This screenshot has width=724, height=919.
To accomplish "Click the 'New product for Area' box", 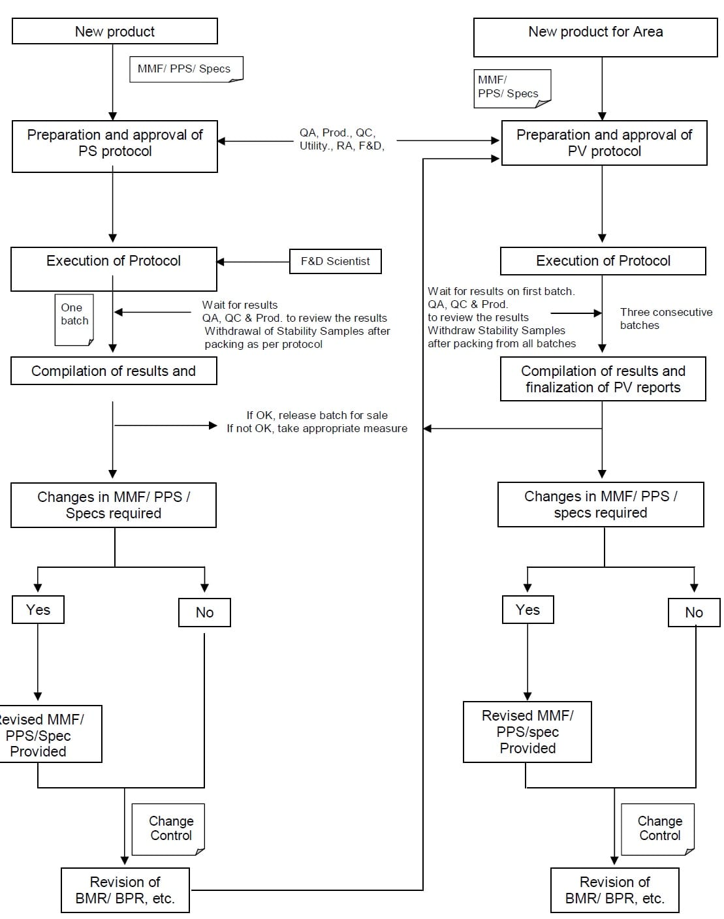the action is (x=595, y=37).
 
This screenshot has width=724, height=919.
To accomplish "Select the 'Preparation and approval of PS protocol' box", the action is (x=114, y=146).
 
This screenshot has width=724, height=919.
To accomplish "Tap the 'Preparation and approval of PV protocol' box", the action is (x=604, y=143).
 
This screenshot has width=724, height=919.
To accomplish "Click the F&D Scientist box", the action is (x=336, y=261).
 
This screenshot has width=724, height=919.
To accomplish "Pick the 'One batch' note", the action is (x=74, y=319).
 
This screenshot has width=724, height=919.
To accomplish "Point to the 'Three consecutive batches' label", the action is (x=666, y=319).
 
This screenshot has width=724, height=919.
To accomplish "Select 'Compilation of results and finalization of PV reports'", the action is (x=603, y=379).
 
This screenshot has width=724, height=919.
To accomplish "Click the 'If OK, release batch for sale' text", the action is (x=317, y=415).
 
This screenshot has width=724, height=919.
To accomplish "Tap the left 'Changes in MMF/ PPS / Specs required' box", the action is (x=114, y=505).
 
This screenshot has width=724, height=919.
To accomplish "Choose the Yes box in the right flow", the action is (x=527, y=610).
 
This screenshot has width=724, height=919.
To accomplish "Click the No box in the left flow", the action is (x=204, y=612).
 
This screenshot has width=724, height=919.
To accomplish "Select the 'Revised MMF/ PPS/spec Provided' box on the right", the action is (x=527, y=732).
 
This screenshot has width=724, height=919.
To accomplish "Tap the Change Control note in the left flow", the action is (x=168, y=830).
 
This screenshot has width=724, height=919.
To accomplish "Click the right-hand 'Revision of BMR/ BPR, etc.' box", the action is (x=615, y=890).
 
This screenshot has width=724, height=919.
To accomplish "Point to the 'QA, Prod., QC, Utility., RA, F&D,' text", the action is (x=341, y=139).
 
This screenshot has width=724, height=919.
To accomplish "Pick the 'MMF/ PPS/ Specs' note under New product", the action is (x=186, y=69).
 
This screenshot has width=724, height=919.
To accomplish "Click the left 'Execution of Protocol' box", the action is (x=114, y=269).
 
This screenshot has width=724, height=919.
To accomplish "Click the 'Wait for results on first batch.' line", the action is (x=501, y=291).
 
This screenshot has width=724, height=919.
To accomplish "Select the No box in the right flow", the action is (x=694, y=612).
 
